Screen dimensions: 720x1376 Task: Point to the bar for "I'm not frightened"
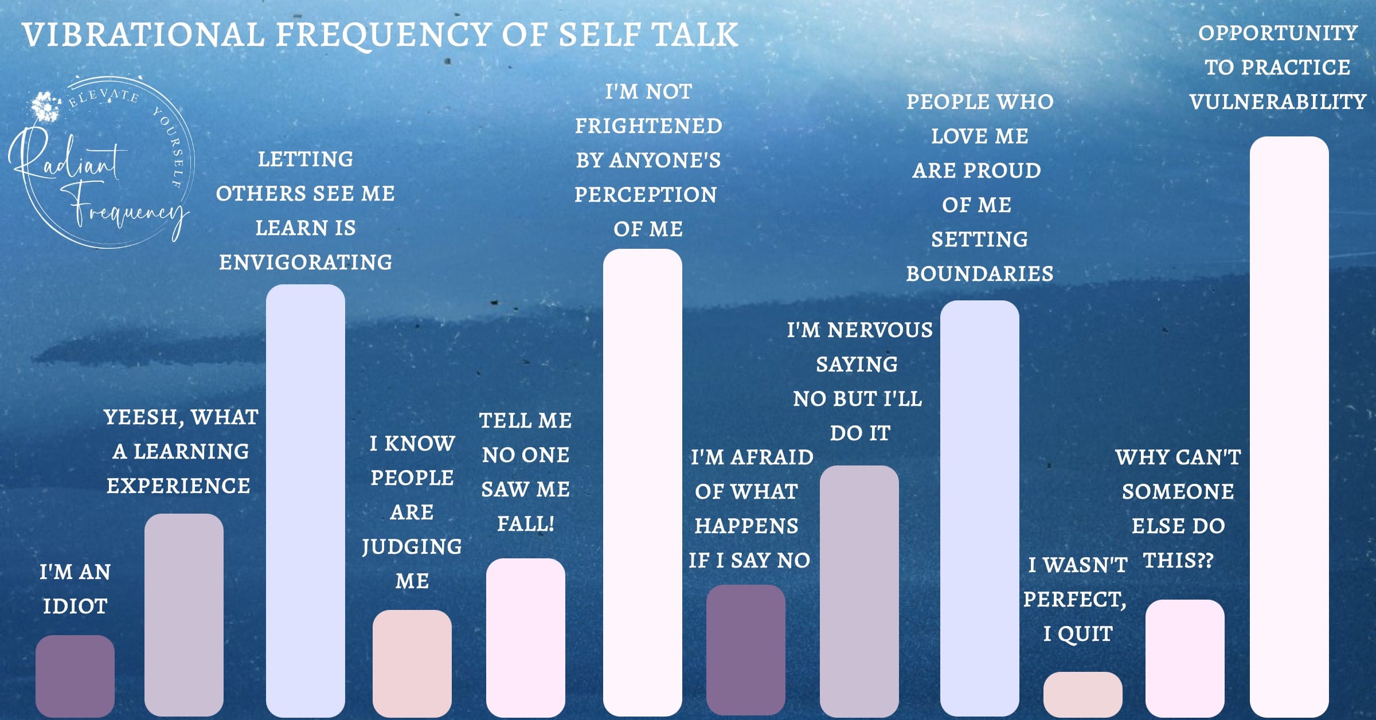click(x=643, y=482)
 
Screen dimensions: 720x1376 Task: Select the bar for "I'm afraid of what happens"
click(x=746, y=649)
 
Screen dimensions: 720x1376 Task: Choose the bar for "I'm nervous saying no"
click(x=859, y=590)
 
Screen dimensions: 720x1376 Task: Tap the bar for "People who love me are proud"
click(x=980, y=507)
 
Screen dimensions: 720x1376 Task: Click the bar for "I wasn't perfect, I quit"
click(x=1083, y=694)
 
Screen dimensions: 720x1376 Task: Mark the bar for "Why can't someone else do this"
click(x=1185, y=658)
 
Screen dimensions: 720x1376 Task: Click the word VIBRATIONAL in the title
click(x=143, y=35)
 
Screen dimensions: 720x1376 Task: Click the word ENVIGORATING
click(x=306, y=263)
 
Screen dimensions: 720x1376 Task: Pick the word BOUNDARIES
click(x=980, y=274)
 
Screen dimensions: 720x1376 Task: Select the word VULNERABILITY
click(x=1278, y=102)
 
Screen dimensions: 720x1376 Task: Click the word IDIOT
click(x=75, y=606)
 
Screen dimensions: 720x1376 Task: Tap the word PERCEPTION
click(x=646, y=195)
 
